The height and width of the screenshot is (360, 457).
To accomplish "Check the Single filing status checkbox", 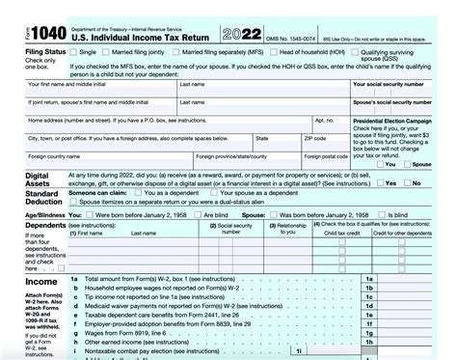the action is click(74, 51).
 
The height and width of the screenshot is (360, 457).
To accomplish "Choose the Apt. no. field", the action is click(332, 128).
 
